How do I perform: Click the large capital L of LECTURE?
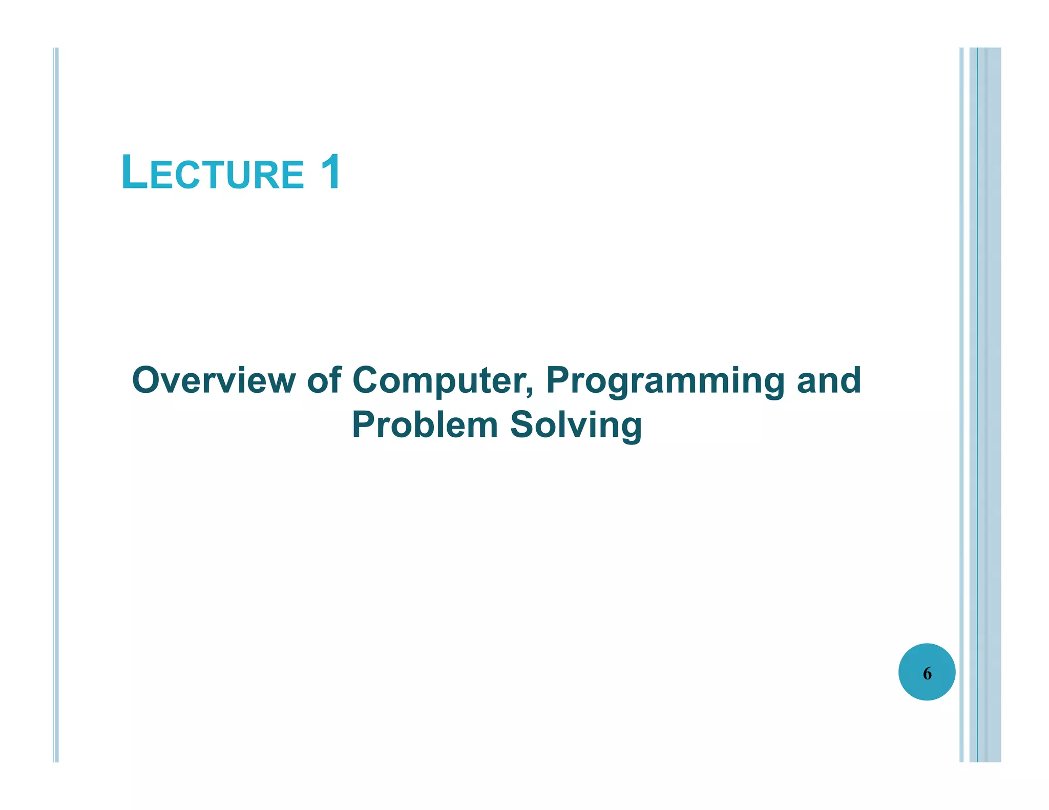(134, 173)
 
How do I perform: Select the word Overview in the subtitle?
(214, 380)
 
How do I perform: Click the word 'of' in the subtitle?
(324, 380)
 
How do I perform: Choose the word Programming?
(665, 381)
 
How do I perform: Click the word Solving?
(576, 426)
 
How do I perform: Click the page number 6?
(927, 673)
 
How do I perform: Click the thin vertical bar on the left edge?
(56, 404)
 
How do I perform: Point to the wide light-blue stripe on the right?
(990, 404)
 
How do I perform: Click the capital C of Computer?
(367, 380)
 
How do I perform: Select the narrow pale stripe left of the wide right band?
(961, 404)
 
